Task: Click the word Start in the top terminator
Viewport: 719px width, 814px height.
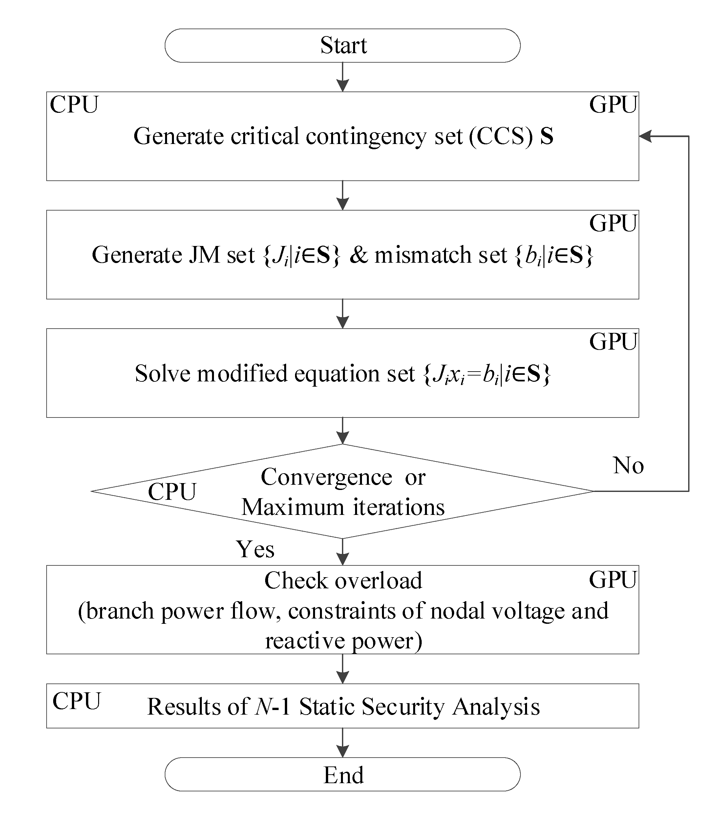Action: pyautogui.click(x=343, y=45)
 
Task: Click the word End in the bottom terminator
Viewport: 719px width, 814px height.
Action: pyautogui.click(x=343, y=775)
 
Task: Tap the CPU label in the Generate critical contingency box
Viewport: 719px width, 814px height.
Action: pyautogui.click(x=74, y=105)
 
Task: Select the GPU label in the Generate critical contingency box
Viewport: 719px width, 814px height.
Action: pyautogui.click(x=613, y=105)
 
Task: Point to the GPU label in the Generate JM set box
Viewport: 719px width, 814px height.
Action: pyautogui.click(x=613, y=223)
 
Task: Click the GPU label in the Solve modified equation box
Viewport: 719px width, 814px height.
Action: pyautogui.click(x=613, y=342)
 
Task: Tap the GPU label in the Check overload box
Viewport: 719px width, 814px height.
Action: pyautogui.click(x=613, y=580)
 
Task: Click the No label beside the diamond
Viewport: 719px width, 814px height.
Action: pyautogui.click(x=628, y=465)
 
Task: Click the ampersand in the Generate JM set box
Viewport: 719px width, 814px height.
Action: pyautogui.click(x=359, y=255)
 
